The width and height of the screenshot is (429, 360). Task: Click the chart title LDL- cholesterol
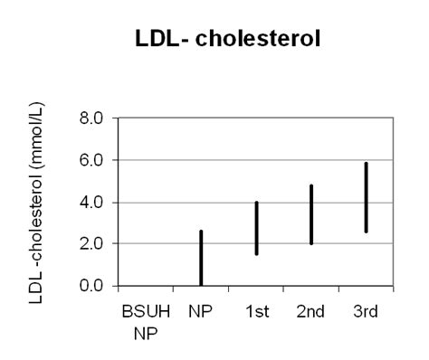click(214, 43)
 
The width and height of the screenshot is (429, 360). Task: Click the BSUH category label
click(145, 310)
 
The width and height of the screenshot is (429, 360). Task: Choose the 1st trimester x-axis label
click(256, 310)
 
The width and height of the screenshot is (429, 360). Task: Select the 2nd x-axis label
click(310, 310)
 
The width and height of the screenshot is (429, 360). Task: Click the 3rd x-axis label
click(366, 310)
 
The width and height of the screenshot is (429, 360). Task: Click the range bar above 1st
click(256, 228)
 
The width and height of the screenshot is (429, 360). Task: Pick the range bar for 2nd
click(310, 214)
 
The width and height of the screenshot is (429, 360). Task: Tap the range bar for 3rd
click(366, 197)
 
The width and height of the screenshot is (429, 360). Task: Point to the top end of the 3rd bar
click(366, 164)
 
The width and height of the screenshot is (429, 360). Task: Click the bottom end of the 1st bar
click(256, 253)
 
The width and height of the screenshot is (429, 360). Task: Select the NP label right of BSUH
click(201, 310)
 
